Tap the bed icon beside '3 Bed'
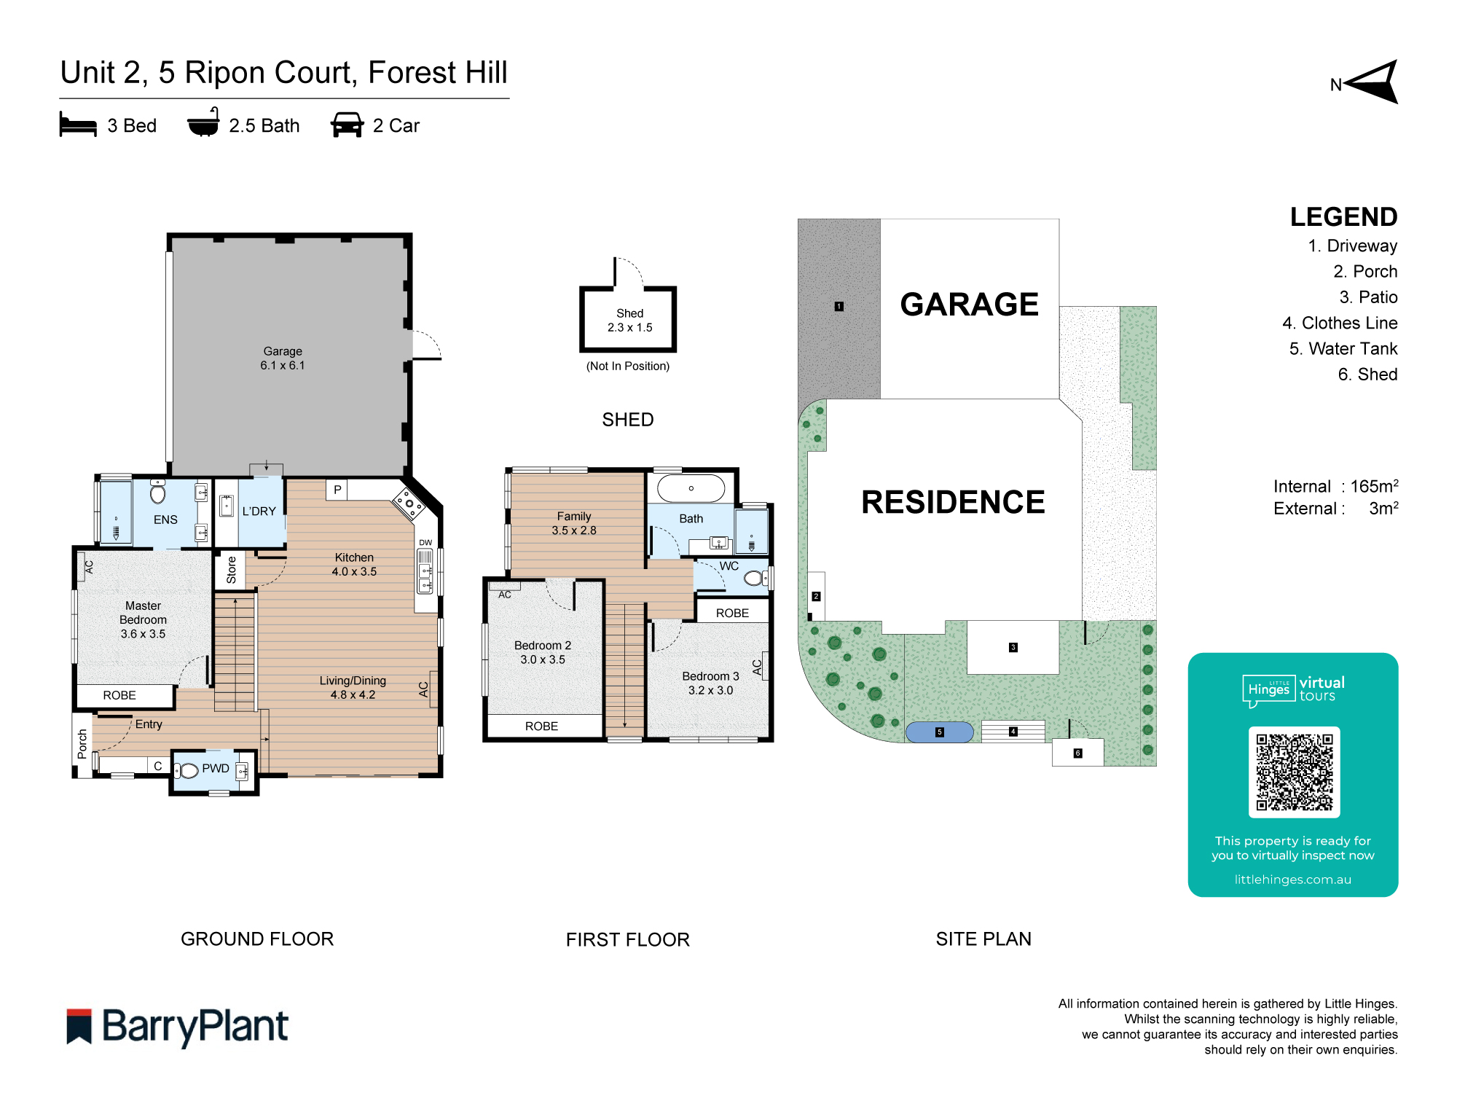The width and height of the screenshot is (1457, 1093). (78, 125)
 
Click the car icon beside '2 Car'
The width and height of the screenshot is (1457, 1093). (347, 125)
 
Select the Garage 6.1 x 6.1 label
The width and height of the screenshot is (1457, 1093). (283, 358)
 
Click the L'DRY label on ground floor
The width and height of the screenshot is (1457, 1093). (259, 511)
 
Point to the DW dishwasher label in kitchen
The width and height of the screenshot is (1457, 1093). (425, 542)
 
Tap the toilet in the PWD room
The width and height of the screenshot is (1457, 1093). (188, 770)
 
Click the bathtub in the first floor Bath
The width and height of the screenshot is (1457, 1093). (691, 488)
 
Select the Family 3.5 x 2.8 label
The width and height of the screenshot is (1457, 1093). (574, 523)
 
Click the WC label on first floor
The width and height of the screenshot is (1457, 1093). (728, 565)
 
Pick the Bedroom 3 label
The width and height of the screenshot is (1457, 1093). (710, 683)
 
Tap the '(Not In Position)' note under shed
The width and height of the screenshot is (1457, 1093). (627, 366)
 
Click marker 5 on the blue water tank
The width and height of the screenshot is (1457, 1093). (939, 732)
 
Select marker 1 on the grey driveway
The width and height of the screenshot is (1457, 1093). (839, 306)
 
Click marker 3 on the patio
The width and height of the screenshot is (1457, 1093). (1013, 647)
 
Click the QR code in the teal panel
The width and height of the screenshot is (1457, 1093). (1294, 772)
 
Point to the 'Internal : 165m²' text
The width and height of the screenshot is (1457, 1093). (1335, 486)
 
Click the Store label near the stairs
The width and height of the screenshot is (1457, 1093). (231, 570)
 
